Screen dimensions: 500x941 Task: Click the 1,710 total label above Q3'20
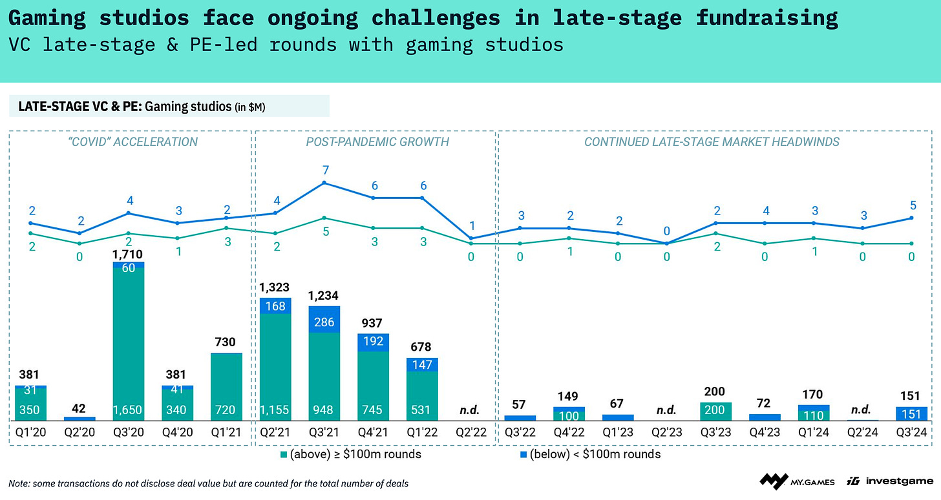tap(128, 254)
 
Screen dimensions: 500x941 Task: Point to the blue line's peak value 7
tap(326, 170)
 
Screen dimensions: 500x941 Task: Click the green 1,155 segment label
tap(275, 410)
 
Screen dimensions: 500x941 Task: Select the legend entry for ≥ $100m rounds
tap(350, 454)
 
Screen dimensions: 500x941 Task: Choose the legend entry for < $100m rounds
tap(590, 454)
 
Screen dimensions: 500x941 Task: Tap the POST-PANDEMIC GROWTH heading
tap(377, 141)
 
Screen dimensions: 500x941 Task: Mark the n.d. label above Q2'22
tap(471, 410)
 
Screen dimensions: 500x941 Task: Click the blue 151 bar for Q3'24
tap(912, 413)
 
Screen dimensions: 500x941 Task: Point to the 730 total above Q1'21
tap(226, 343)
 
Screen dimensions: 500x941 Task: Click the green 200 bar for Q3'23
tap(716, 411)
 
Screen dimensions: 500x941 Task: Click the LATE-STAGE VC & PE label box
tap(169, 106)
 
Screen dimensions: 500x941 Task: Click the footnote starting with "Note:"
tap(208, 483)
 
